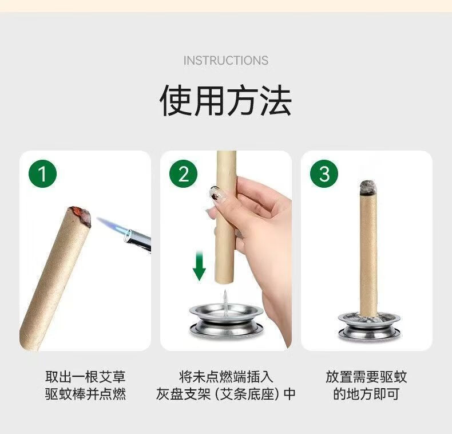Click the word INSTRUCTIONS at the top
point(225,61)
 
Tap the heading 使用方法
point(225,100)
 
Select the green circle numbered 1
point(43,173)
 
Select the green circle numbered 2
point(183,173)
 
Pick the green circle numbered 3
point(324,173)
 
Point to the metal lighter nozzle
point(137,239)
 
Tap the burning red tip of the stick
point(80,215)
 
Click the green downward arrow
point(199,266)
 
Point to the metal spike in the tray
point(225,301)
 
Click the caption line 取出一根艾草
point(85,377)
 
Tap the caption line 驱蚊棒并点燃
point(85,394)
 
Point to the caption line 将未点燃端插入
point(225,377)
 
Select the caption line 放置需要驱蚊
point(366,377)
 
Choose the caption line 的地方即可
point(366,394)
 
